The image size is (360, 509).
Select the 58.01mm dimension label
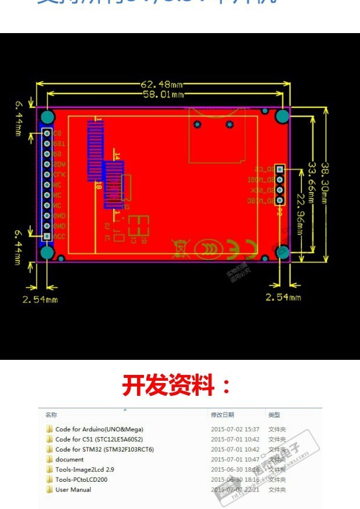point(163,94)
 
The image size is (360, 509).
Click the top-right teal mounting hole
point(282,116)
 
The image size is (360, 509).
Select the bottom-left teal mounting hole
point(47,252)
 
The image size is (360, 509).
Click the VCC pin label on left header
point(59,237)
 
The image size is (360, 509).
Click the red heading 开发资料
point(177,385)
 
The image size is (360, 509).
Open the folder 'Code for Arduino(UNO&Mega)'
point(99,429)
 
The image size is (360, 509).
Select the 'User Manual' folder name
point(73,490)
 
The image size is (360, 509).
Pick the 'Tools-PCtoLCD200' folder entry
point(81,480)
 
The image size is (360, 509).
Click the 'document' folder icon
point(49,460)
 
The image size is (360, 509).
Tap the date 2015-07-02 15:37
point(235,429)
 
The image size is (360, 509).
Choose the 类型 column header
point(274,415)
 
